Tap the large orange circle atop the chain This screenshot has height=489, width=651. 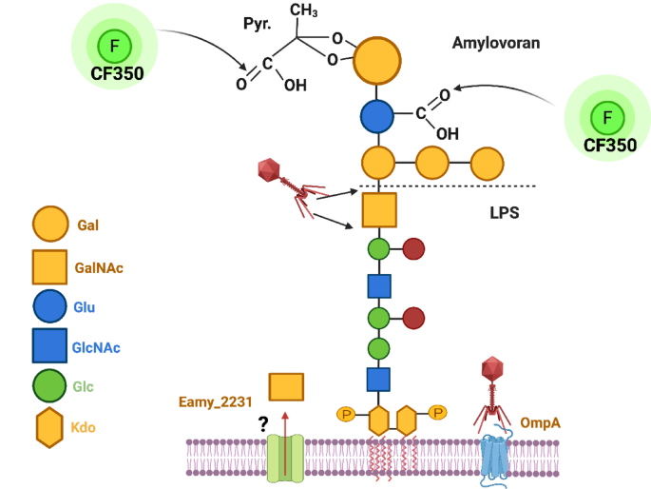click(x=378, y=62)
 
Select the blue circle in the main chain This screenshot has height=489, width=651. click(x=378, y=117)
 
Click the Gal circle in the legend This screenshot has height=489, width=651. click(x=48, y=225)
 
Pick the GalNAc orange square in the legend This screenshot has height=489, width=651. click(x=48, y=267)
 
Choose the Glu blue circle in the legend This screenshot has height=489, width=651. click(x=48, y=308)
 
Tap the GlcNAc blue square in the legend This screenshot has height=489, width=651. click(x=48, y=348)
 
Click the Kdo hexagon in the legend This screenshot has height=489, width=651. click(x=48, y=429)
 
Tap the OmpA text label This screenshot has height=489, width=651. click(x=541, y=420)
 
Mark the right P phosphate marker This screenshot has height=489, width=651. click(x=437, y=412)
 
